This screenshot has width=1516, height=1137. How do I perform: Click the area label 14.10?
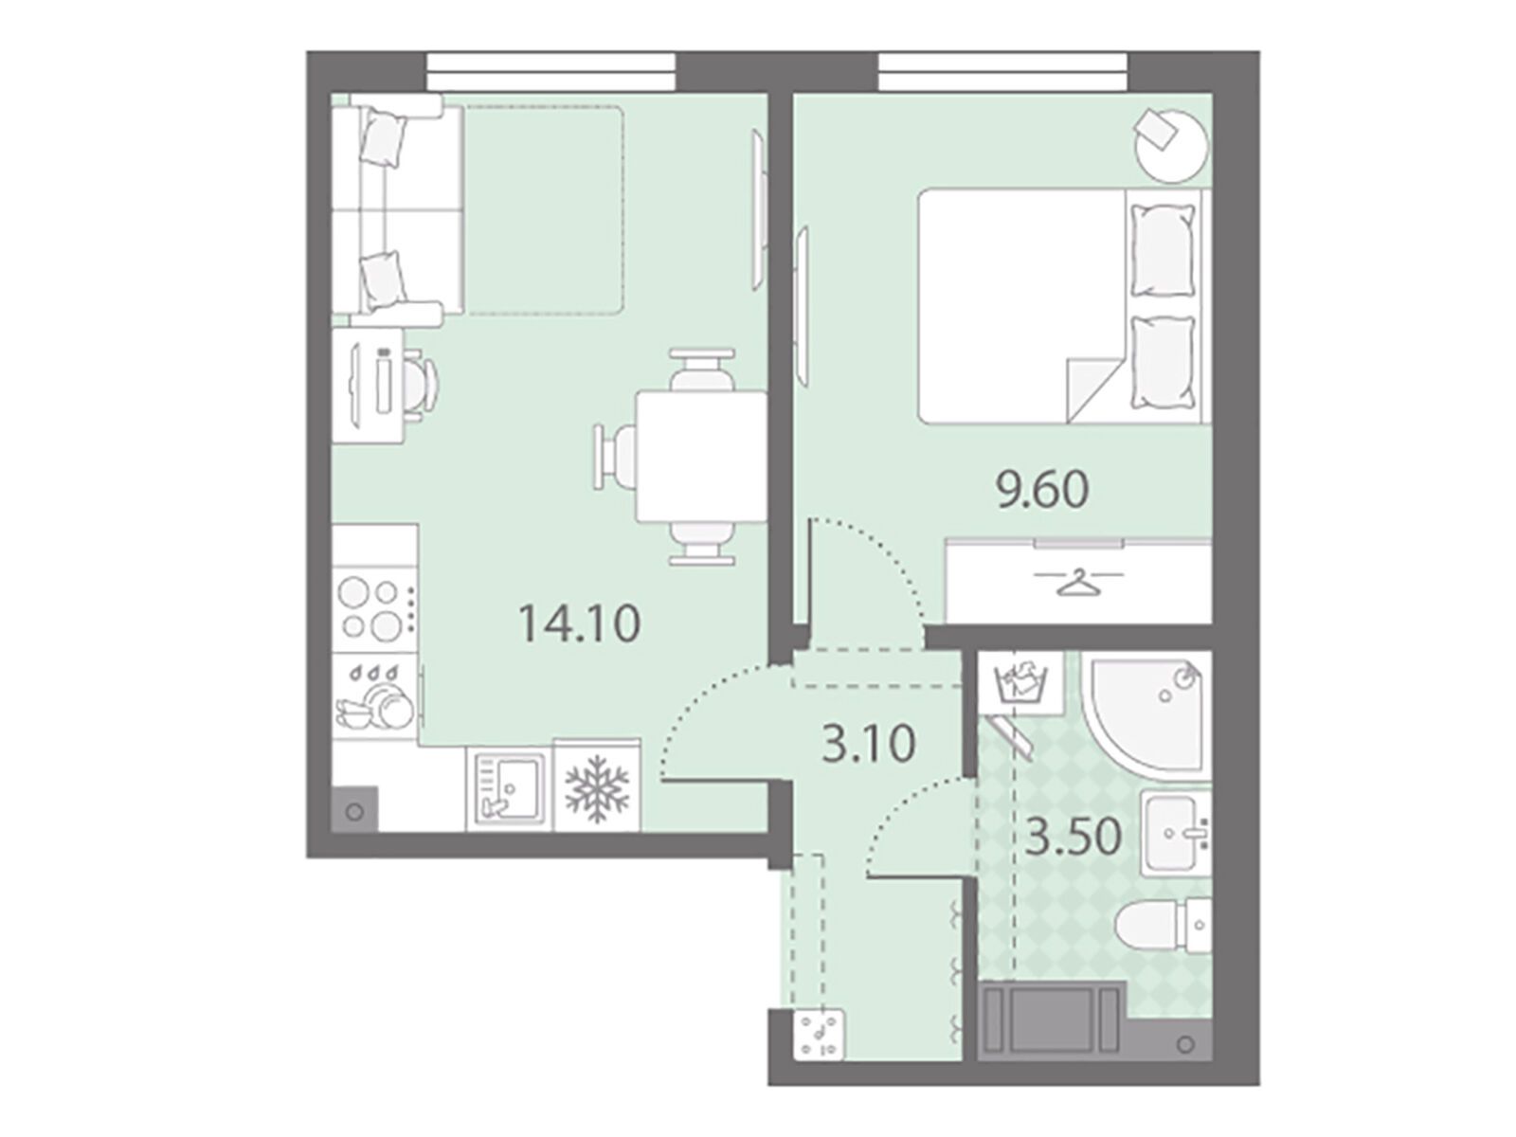579,623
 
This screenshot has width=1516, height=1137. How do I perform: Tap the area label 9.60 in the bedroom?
1042,490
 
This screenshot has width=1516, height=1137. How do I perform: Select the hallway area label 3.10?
869,743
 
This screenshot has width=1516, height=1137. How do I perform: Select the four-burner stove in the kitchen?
375,608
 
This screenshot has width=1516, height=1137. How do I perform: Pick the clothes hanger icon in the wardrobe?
1078,584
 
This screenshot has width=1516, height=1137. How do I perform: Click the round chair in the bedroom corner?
1171,145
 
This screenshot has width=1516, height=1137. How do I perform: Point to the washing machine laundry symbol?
1021,683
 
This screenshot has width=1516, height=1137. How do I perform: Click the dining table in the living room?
701,457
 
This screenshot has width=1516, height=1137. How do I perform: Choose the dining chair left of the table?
615,458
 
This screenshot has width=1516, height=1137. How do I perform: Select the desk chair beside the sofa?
420,383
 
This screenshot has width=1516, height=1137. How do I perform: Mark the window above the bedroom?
1002,72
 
